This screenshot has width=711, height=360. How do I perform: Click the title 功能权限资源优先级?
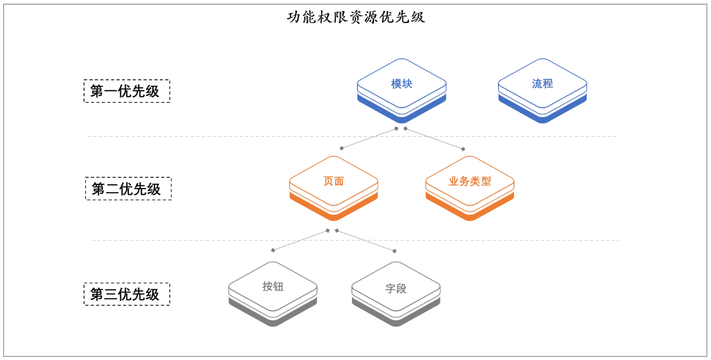pyautogui.click(x=356, y=17)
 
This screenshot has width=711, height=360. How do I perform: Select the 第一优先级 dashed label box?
pyautogui.click(x=127, y=91)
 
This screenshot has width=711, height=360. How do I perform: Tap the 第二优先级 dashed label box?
pyautogui.click(x=128, y=189)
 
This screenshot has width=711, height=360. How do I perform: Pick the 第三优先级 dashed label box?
pyautogui.click(x=127, y=294)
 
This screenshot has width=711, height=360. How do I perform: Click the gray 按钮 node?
pyautogui.click(x=273, y=290)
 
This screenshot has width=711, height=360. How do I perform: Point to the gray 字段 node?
pyautogui.click(x=396, y=290)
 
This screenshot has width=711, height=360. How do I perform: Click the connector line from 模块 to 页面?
pyautogui.click(x=369, y=138)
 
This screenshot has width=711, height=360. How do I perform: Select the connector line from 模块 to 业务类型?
pyautogui.click(x=434, y=138)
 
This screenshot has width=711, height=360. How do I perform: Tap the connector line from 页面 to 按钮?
pyautogui.click(x=300, y=240)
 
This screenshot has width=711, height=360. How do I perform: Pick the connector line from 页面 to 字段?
pyautogui.click(x=365, y=241)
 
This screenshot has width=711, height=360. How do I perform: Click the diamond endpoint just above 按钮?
pyautogui.click(x=273, y=250)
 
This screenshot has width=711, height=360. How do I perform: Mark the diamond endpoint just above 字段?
pyautogui.click(x=395, y=251)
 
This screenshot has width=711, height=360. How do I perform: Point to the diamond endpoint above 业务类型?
pyautogui.click(x=463, y=149)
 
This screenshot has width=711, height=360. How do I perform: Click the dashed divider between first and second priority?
pyautogui.click(x=213, y=136)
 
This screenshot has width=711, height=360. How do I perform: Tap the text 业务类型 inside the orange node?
pyautogui.click(x=470, y=181)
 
